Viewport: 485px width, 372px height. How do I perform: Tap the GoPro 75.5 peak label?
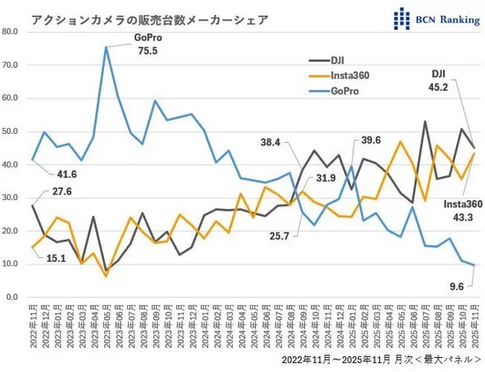pos(146,44)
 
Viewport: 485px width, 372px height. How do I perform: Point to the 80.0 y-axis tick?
pos(11,31)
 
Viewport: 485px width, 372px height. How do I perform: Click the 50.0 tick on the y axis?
pos(11,131)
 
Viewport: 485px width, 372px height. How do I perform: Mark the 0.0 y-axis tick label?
pos(13,298)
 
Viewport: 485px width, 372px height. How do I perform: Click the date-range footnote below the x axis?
pos(381,361)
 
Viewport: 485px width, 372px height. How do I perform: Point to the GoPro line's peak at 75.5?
pos(107,47)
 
